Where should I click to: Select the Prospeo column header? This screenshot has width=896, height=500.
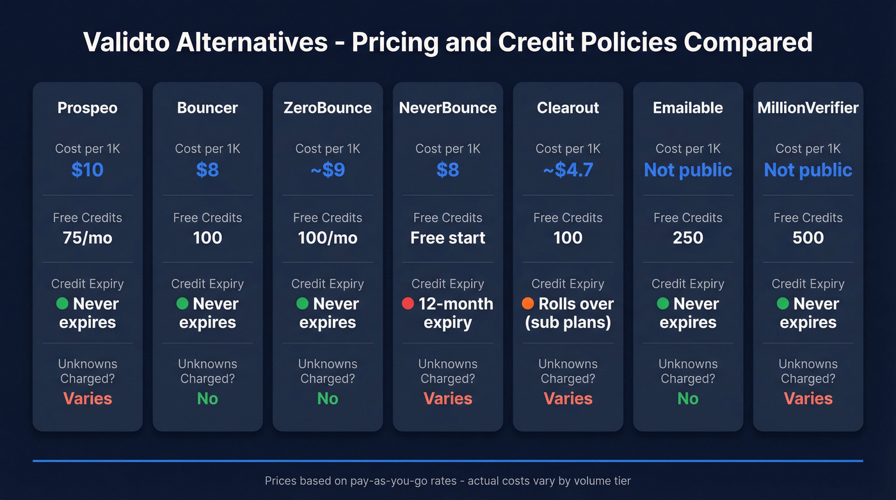tap(88, 108)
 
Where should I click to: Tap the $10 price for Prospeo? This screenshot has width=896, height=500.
tap(88, 170)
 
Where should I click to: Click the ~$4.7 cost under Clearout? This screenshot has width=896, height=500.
tap(568, 170)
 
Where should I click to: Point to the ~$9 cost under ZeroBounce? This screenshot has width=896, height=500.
tap(328, 170)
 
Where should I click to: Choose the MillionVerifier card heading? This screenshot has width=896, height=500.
tap(808, 108)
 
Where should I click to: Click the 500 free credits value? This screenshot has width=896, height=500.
tap(808, 238)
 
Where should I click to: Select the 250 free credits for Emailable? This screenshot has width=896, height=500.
tap(688, 238)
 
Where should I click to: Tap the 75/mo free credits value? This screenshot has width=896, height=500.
tap(88, 238)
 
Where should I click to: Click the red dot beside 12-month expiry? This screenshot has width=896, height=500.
tap(408, 303)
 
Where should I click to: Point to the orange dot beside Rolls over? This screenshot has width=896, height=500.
tap(528, 303)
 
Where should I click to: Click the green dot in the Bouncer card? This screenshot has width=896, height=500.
tap(182, 303)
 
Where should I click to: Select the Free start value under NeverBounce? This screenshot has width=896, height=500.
tap(448, 238)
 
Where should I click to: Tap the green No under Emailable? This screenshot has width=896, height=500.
tap(688, 398)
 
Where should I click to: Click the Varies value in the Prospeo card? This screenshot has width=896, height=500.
tap(88, 398)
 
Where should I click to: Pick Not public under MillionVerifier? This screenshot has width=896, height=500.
tap(808, 170)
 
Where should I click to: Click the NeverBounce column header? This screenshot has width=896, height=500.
tap(448, 108)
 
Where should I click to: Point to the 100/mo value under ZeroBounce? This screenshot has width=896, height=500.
tap(328, 238)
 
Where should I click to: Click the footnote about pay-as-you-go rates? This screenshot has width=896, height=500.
tap(448, 480)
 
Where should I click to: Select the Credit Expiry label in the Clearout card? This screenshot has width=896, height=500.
tap(568, 284)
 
